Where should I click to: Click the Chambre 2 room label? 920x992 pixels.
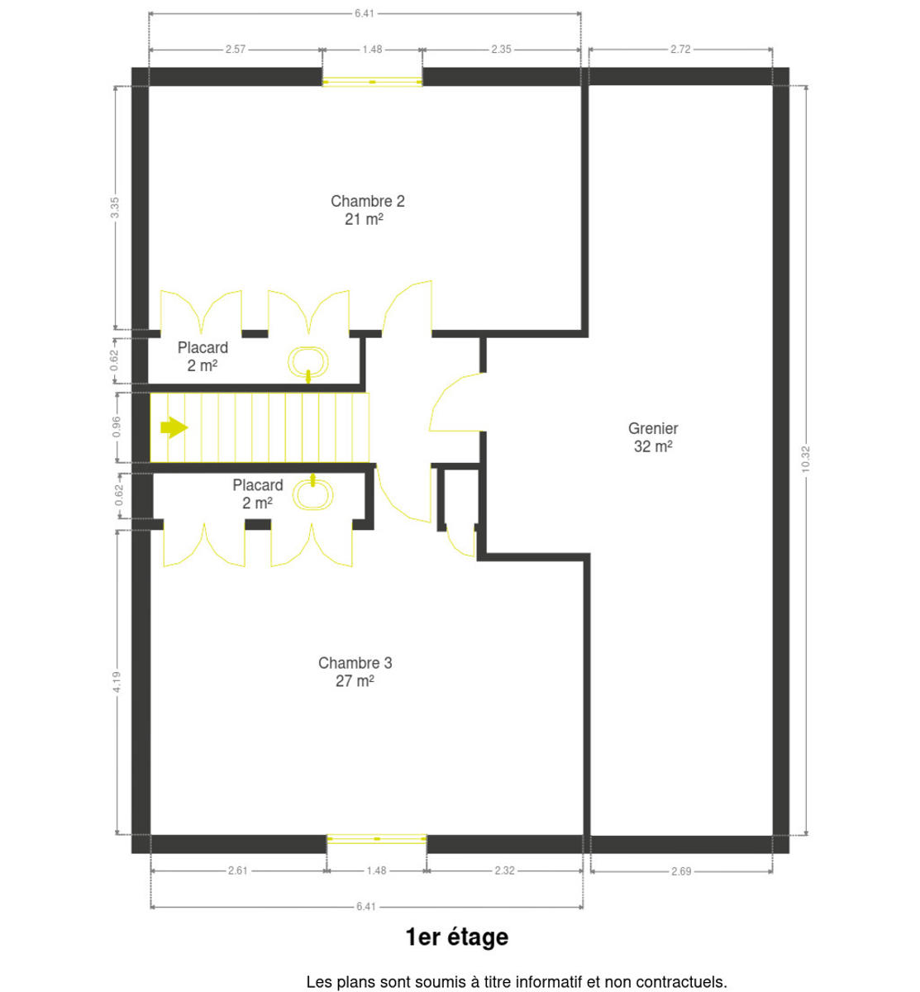pyautogui.click(x=367, y=202)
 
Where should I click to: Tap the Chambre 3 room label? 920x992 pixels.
pyautogui.click(x=355, y=663)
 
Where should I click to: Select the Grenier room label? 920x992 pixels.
pyautogui.click(x=653, y=428)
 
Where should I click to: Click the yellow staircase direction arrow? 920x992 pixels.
pyautogui.click(x=174, y=427)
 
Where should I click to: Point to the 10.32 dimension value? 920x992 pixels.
pyautogui.click(x=806, y=459)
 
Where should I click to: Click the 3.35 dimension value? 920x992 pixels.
pyautogui.click(x=115, y=207)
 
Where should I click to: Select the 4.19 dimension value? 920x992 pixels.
pyautogui.click(x=117, y=682)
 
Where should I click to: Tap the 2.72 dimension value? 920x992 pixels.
pyautogui.click(x=680, y=49)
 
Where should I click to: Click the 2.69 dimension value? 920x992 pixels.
pyautogui.click(x=681, y=871)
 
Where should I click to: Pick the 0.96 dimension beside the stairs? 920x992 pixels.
pyautogui.click(x=117, y=427)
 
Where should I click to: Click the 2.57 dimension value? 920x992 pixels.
pyautogui.click(x=236, y=49)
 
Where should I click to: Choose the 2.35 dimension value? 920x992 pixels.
pyautogui.click(x=501, y=49)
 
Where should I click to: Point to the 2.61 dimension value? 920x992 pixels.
pyautogui.click(x=238, y=870)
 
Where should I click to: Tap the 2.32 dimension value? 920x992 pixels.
pyautogui.click(x=504, y=870)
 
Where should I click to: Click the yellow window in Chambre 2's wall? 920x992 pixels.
pyautogui.click(x=372, y=81)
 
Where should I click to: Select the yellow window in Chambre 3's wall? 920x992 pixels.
pyautogui.click(x=377, y=839)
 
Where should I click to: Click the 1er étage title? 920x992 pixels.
pyautogui.click(x=456, y=937)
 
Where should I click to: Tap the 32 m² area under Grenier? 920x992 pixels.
pyautogui.click(x=653, y=446)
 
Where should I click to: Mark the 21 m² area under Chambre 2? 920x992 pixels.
pyautogui.click(x=364, y=219)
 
